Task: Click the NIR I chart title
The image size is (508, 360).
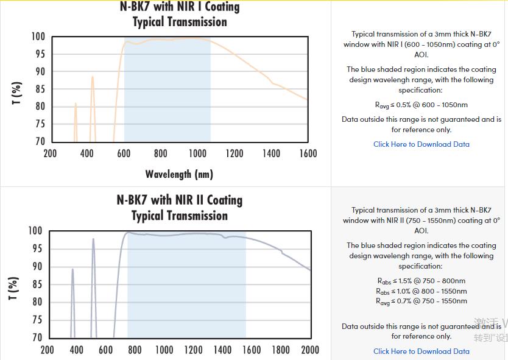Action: click(x=180, y=14)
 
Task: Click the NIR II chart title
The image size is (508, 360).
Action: click(x=180, y=208)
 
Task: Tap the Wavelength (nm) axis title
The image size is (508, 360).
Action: click(x=179, y=174)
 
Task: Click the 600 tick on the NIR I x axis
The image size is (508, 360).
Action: click(x=124, y=154)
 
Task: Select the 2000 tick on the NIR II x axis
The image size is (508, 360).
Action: click(x=310, y=350)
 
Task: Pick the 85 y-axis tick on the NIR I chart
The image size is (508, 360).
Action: click(x=38, y=89)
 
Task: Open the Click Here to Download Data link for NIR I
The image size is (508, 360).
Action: click(x=421, y=144)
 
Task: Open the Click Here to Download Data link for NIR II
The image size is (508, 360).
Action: click(x=421, y=351)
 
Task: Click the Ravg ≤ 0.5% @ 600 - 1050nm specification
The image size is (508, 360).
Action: click(x=421, y=105)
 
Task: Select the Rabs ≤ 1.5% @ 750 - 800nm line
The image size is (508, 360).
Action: click(x=421, y=281)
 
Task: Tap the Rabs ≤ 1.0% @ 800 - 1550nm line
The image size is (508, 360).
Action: click(x=421, y=291)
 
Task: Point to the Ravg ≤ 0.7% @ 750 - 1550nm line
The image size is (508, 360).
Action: click(x=421, y=301)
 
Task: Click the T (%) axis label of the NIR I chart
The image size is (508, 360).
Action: click(x=17, y=93)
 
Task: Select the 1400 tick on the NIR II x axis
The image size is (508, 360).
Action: click(x=222, y=350)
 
